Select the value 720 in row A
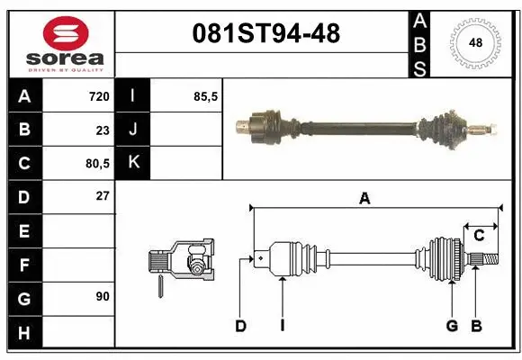[x=98, y=96]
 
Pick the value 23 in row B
[x=102, y=130]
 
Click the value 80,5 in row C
[x=95, y=164]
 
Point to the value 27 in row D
[x=102, y=196]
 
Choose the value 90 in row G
[x=102, y=296]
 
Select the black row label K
[x=132, y=163]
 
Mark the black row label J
[x=132, y=130]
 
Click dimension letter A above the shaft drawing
[x=364, y=199]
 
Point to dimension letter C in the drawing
[x=480, y=235]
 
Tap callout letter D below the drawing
[x=240, y=326]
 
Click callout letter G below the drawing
[x=452, y=326]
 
